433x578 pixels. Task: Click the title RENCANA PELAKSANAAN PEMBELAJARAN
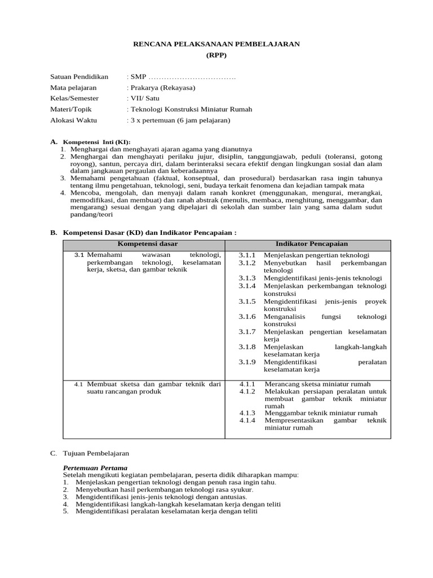pos(216,43)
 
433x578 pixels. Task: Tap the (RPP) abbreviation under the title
pos(216,55)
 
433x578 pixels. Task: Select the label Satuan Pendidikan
pos(79,77)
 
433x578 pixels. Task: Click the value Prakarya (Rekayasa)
pos(163,87)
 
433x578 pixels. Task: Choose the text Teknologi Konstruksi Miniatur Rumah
pos(191,109)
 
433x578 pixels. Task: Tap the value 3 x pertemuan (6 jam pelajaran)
pos(180,120)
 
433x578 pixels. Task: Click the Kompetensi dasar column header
pos(144,244)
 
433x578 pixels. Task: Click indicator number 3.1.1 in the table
pos(247,255)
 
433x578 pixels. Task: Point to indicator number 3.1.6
pos(247,317)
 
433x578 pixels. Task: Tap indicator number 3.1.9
pos(247,362)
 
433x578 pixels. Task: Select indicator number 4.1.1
pos(247,384)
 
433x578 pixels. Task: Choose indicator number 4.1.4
pos(247,421)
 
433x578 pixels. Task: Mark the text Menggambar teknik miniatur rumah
pos(321,413)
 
